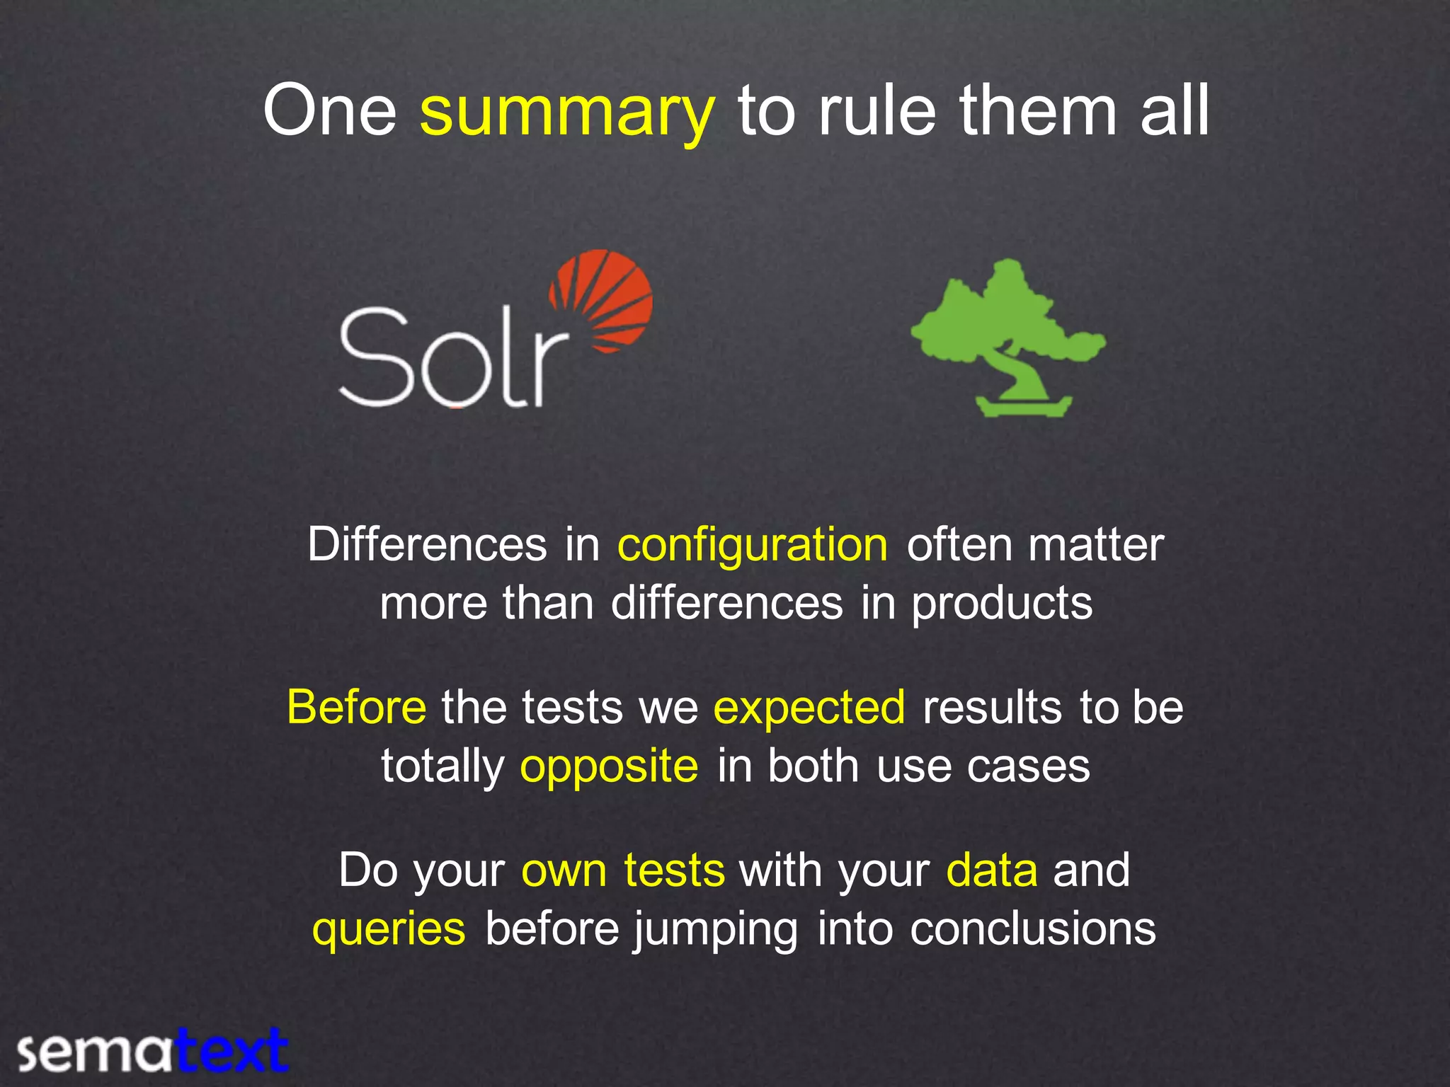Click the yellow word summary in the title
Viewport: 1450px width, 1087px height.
pyautogui.click(x=567, y=112)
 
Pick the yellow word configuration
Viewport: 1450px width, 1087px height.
pyautogui.click(x=753, y=545)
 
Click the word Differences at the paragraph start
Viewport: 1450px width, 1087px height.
pyautogui.click(x=427, y=545)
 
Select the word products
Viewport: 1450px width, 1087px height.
pyautogui.click(x=1001, y=604)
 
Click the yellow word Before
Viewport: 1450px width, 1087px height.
pyautogui.click(x=357, y=707)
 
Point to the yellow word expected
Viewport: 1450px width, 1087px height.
pyautogui.click(x=809, y=707)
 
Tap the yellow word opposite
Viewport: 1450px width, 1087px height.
pyautogui.click(x=609, y=766)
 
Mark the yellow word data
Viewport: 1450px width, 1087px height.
pyautogui.click(x=992, y=870)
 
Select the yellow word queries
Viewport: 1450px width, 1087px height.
pyautogui.click(x=389, y=929)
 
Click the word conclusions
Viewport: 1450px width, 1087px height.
pyautogui.click(x=1032, y=929)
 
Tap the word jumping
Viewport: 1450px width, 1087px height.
pyautogui.click(x=716, y=929)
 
